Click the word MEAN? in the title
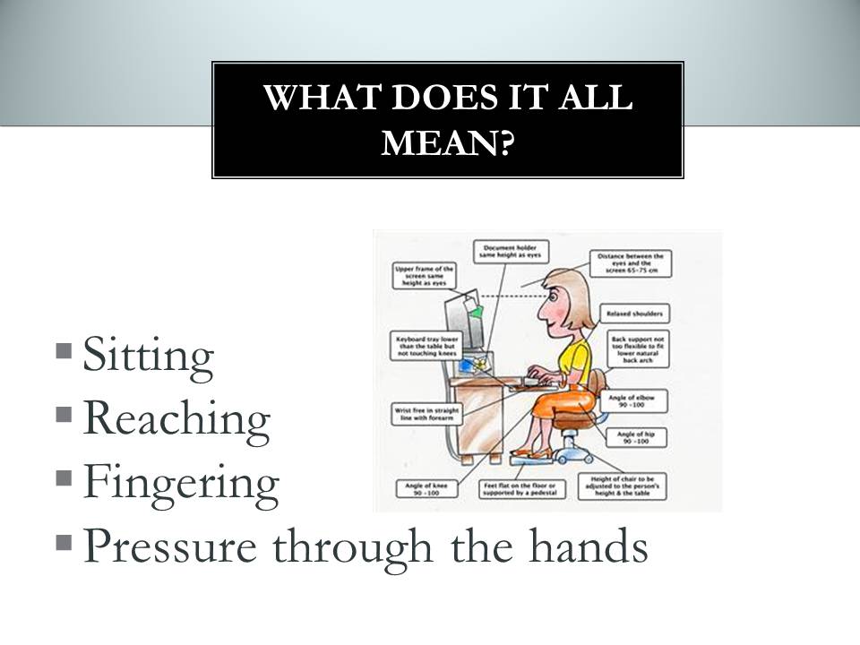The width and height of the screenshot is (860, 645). (x=448, y=142)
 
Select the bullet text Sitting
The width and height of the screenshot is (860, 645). (x=148, y=355)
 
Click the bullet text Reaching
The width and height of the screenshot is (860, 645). (x=176, y=418)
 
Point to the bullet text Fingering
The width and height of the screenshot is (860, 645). (x=181, y=482)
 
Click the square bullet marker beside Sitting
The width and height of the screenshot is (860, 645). (x=64, y=349)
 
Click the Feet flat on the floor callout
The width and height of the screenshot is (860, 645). (x=520, y=489)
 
